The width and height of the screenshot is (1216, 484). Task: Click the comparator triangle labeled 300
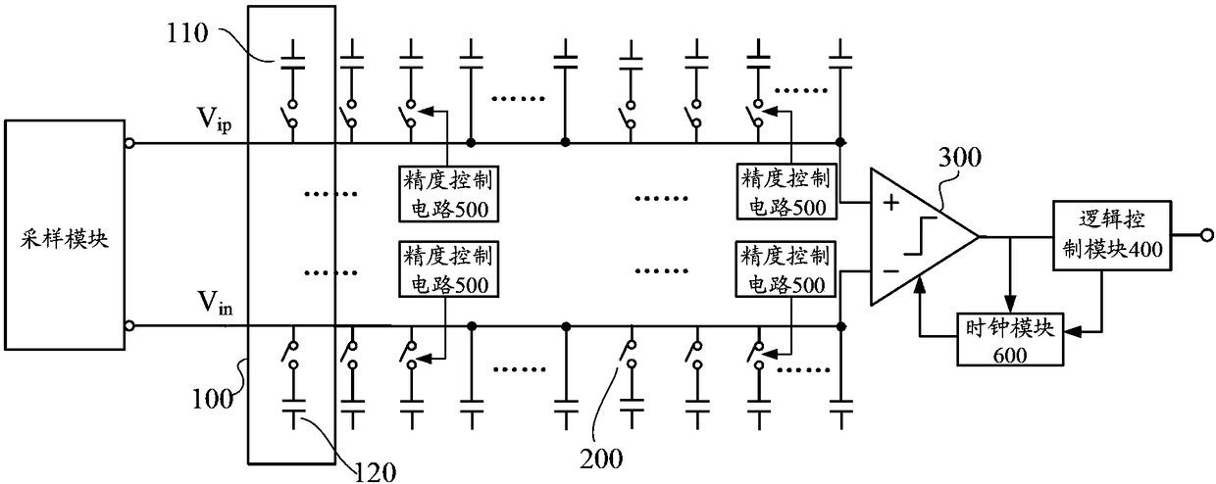tap(916, 236)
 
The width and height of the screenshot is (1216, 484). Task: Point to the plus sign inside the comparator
tap(891, 205)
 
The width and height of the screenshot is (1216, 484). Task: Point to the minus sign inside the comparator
tap(891, 266)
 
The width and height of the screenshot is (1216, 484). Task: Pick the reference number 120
tap(377, 471)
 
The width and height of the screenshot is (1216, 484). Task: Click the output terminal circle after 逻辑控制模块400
tap(1206, 235)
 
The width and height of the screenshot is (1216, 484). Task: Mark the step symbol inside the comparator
tap(919, 238)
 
